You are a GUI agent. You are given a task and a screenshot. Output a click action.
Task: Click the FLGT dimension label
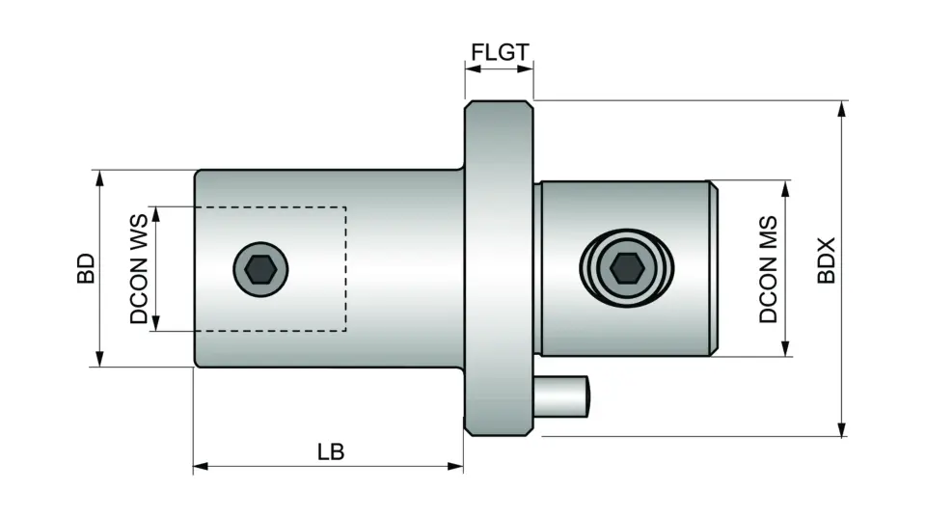click(500, 50)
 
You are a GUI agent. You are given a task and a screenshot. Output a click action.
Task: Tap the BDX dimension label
click(826, 261)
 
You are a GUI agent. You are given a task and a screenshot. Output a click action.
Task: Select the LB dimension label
click(330, 450)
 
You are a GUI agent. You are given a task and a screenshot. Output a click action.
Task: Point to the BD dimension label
click(85, 268)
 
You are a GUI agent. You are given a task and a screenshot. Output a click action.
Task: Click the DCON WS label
click(140, 269)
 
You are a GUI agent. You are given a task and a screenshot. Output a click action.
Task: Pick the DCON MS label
click(768, 269)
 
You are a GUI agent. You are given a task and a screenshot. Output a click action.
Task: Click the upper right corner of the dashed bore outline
click(345, 207)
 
